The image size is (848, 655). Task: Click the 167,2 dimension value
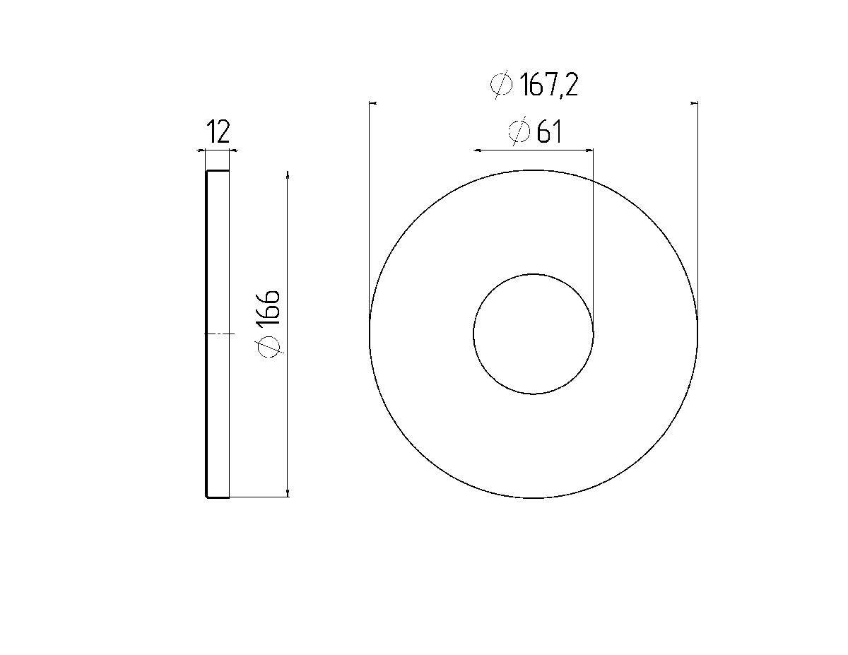coord(549,85)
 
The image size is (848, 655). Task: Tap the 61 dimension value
coord(549,132)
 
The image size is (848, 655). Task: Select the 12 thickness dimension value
coord(218,131)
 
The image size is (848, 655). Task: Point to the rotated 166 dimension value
coord(268,307)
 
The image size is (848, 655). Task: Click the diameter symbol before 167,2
coord(502,85)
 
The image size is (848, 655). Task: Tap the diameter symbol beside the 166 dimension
coord(269,347)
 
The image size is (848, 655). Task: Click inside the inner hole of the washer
coord(533,334)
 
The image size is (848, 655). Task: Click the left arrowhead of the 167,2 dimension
coord(373,103)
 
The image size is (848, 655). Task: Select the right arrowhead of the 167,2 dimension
coord(694,103)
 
